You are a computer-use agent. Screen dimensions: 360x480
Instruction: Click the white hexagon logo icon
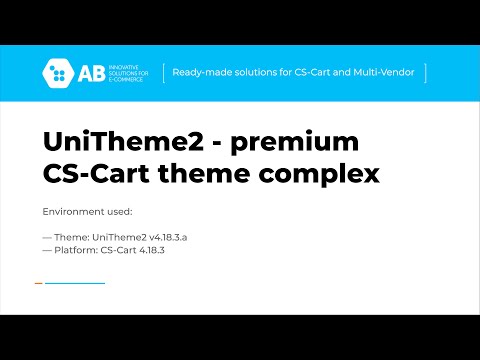click(x=57, y=72)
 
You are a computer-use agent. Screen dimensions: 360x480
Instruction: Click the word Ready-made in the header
click(x=198, y=72)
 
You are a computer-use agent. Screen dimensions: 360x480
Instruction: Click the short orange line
click(x=38, y=283)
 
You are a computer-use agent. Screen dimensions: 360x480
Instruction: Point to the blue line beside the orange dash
click(x=75, y=283)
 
